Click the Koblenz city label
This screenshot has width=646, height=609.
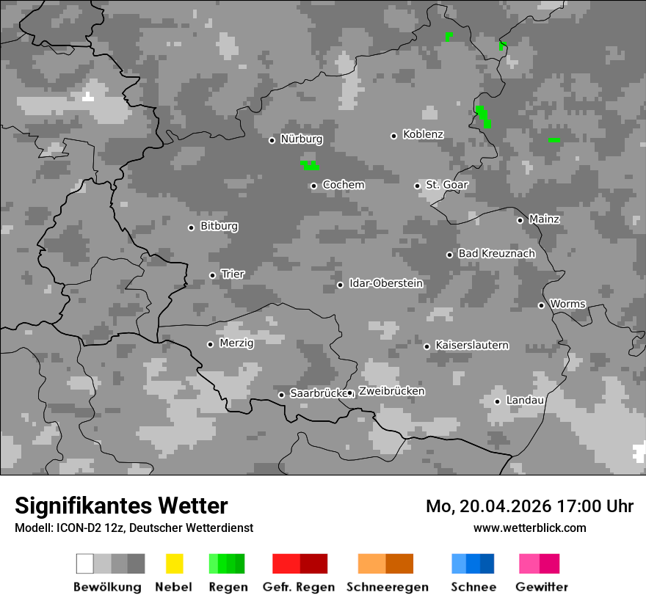[423, 135]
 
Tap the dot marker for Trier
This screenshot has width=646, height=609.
[213, 275]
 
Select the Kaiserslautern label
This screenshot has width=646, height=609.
[471, 346]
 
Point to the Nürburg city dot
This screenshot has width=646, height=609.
[272, 140]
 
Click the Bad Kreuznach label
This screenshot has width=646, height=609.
[496, 254]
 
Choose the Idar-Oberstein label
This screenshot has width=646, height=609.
[386, 284]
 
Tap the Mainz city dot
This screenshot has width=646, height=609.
[520, 220]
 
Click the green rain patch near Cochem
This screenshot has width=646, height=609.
[310, 165]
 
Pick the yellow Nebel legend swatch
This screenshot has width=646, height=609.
[174, 564]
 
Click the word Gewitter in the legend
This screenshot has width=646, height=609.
[542, 587]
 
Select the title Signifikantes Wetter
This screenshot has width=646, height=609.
[121, 506]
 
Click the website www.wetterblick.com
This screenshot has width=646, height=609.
[529, 528]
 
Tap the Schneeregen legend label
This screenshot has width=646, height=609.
[388, 587]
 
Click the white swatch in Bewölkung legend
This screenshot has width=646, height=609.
[85, 564]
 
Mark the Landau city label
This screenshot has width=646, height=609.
[525, 401]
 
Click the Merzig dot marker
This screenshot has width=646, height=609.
[210, 344]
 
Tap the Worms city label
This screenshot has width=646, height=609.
[567, 304]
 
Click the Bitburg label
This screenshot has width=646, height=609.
[219, 227]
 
